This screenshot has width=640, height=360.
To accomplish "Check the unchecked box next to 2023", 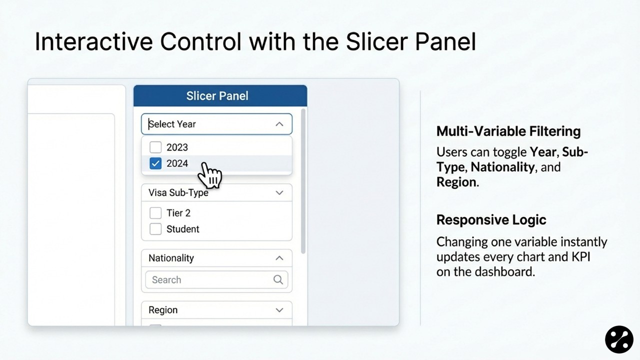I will pyautogui.click(x=155, y=147).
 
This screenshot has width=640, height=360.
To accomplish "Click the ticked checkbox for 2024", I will pyautogui.click(x=155, y=163).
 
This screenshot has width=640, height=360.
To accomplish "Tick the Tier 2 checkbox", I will pyautogui.click(x=155, y=213).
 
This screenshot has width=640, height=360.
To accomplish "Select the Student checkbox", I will pyautogui.click(x=155, y=229).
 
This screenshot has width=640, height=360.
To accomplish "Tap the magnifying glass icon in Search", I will pyautogui.click(x=278, y=279).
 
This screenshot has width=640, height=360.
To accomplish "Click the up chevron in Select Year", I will pyautogui.click(x=279, y=124).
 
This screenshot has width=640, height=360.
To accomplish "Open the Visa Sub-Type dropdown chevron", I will pyautogui.click(x=279, y=192).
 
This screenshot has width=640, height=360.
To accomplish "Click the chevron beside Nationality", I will pyautogui.click(x=279, y=258).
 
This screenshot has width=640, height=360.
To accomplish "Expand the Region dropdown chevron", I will pyautogui.click(x=279, y=310).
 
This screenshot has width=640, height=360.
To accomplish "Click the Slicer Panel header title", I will pyautogui.click(x=217, y=96).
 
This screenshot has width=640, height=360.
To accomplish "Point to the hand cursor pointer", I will pyautogui.click(x=210, y=174).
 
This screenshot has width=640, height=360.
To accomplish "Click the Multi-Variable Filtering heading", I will pyautogui.click(x=508, y=131).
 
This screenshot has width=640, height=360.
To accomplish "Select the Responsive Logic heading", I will pyautogui.click(x=491, y=220).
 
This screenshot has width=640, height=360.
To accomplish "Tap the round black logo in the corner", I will pyautogui.click(x=619, y=339).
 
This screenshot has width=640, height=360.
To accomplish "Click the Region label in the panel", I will pyautogui.click(x=163, y=310).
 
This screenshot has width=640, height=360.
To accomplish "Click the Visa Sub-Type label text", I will pyautogui.click(x=178, y=192).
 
